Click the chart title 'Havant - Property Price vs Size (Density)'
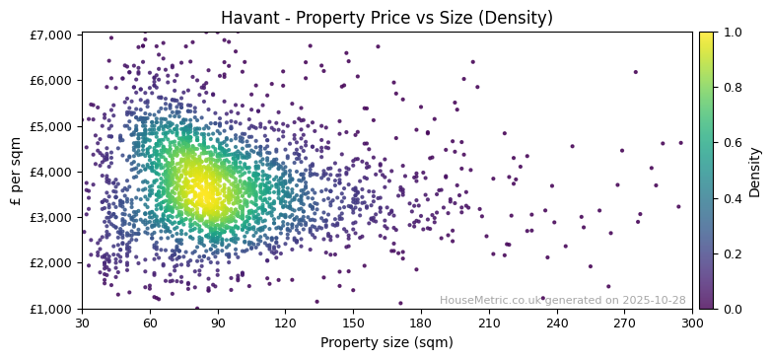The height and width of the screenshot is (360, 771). pos(386,18)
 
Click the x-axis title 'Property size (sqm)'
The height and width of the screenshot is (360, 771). pos(386,343)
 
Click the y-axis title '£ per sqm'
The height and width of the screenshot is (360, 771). pos(16,171)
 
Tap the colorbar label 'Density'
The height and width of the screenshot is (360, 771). pos(754,171)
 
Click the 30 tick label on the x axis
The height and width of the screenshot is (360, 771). pos(82,323)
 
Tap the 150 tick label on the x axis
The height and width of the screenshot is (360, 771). pos(354,323)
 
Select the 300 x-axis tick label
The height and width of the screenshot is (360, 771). pos(693,323)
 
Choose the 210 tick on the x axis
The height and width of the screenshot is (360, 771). pos(490,323)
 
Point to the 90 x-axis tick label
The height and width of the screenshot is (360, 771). pos(218,323)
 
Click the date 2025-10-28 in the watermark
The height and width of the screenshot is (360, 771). pos(655,300)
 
